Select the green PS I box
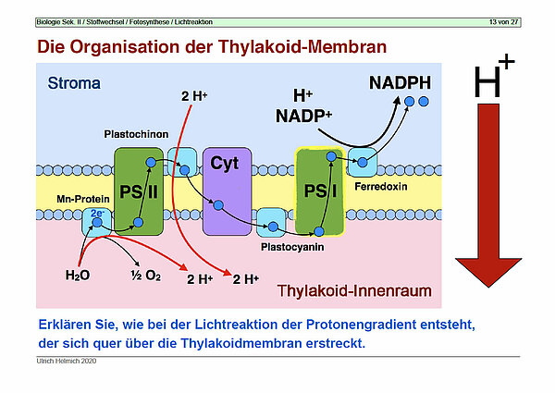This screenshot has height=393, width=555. tap(319, 193)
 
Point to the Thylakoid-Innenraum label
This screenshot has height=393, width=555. tap(354, 291)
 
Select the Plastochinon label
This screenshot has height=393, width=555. tap(136, 135)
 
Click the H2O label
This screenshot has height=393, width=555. tap(77, 276)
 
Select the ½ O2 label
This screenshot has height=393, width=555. tap(145, 276)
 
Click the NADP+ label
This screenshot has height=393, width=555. tap(303, 116)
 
